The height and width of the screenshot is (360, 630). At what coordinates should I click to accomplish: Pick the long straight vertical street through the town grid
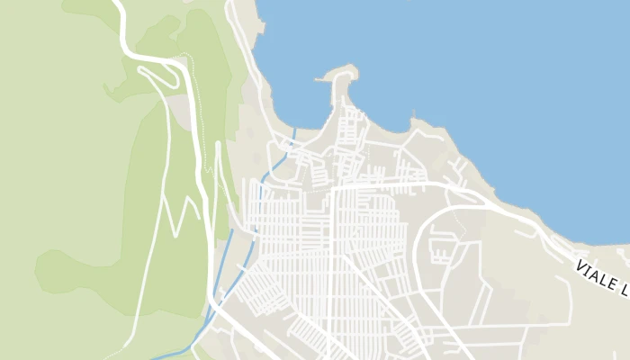[x=332, y=261]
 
